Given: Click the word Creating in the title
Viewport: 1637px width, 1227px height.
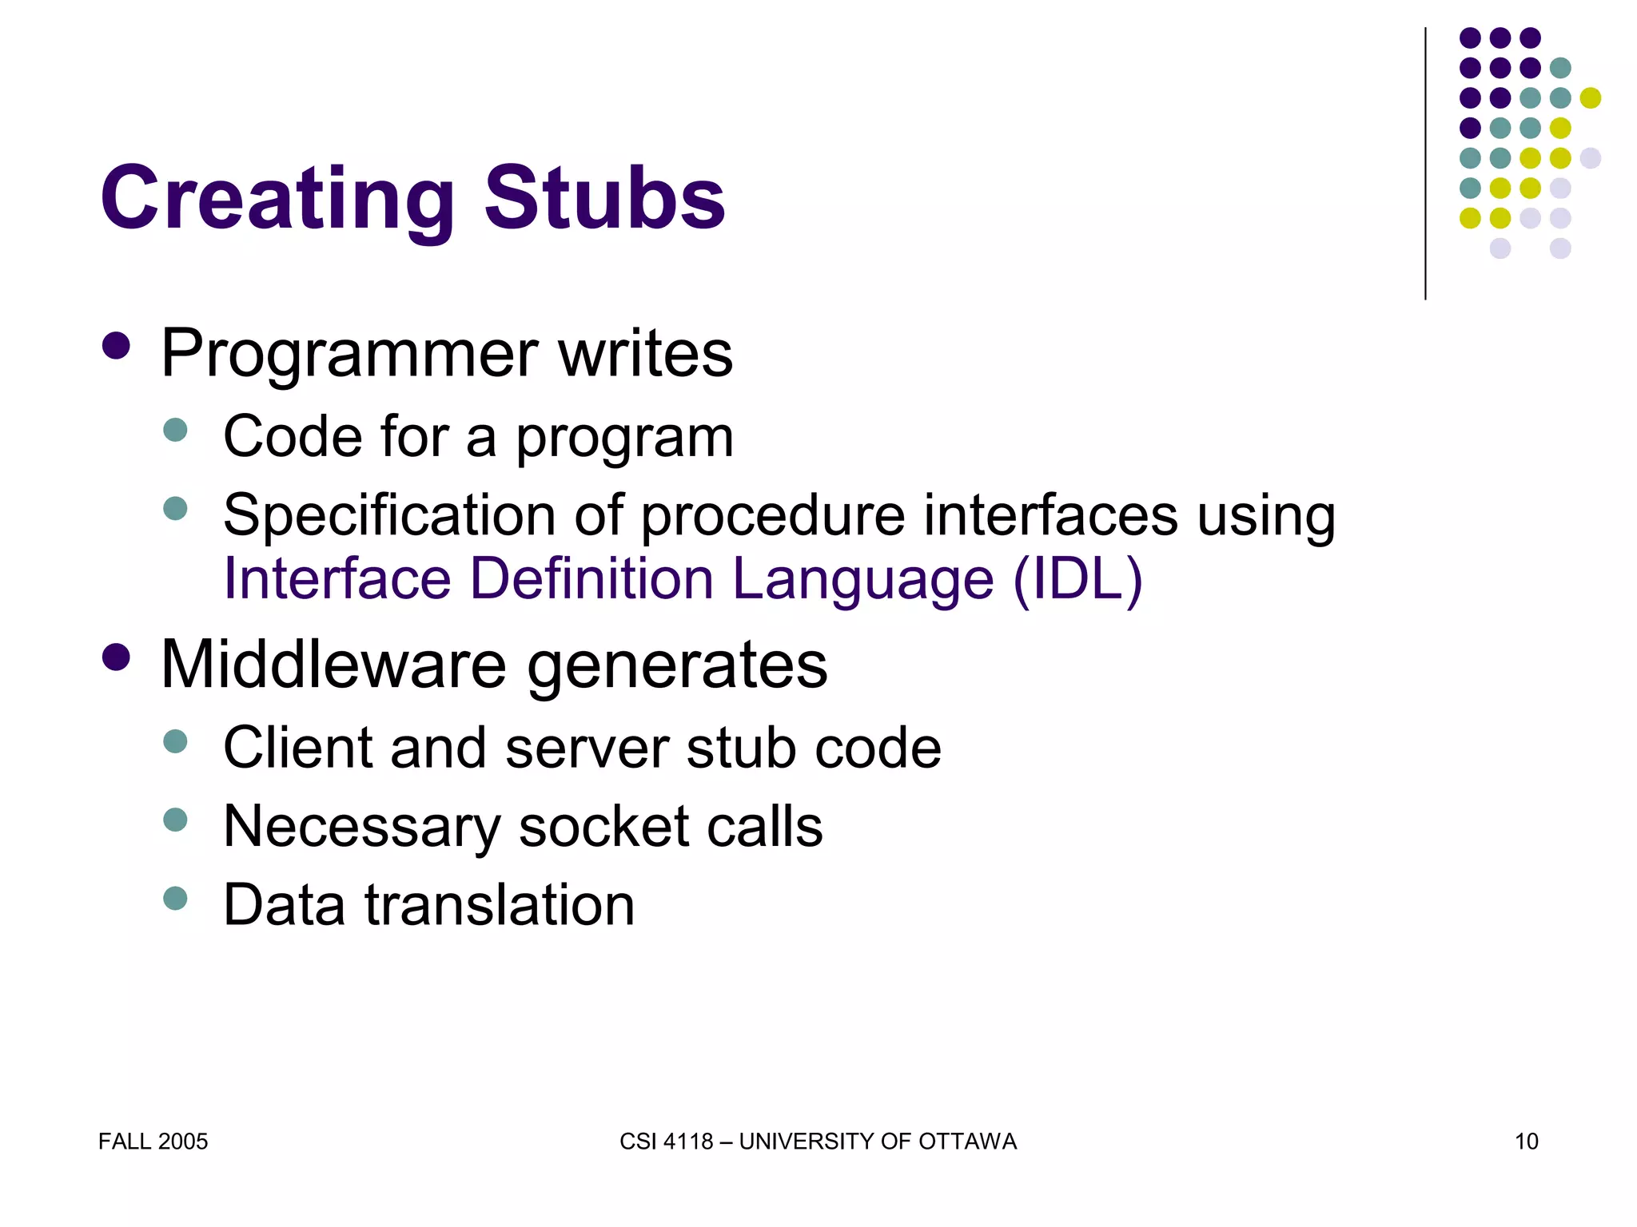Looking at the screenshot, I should (277, 198).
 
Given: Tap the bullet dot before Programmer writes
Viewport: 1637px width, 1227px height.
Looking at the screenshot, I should (117, 347).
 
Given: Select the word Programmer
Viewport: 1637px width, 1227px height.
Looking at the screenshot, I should (349, 354).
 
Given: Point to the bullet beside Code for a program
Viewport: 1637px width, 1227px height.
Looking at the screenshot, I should (175, 431).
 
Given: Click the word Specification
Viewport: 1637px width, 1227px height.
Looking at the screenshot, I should (389, 515).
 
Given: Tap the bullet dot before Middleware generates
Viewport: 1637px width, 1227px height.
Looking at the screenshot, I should (117, 658).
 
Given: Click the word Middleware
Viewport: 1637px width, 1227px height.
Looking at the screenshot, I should (333, 665).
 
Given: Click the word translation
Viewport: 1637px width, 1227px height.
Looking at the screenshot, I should (500, 905).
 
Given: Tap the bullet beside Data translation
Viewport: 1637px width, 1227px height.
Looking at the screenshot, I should (175, 898).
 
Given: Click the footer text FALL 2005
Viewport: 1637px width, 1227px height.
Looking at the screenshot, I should (153, 1142).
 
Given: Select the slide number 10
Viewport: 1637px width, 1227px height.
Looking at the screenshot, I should (1526, 1142).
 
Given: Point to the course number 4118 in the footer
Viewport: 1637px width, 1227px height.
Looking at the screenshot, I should (687, 1142).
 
